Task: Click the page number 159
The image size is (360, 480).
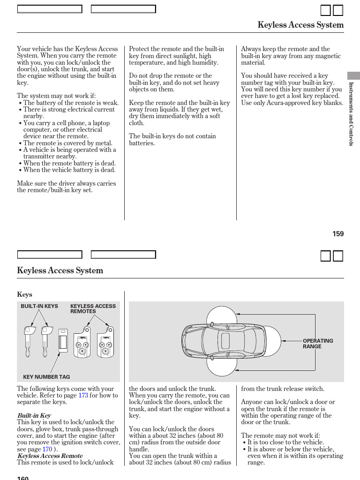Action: pos(338,233)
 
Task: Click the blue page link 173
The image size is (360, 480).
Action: pos(83,395)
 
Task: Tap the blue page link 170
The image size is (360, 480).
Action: pos(47,449)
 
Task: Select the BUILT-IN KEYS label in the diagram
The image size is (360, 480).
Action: pos(39,306)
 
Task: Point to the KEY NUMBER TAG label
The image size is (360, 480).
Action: pos(46,376)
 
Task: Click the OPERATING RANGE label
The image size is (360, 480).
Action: pos(317,344)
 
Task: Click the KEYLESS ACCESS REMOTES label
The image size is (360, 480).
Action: pos(93,308)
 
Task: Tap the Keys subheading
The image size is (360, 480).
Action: pos(24,294)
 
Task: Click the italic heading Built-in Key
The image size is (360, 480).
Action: pos(34,415)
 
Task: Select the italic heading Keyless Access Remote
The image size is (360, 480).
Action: pos(50,456)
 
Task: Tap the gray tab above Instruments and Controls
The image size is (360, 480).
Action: pos(353,75)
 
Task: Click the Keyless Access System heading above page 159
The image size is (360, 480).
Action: pos(300,25)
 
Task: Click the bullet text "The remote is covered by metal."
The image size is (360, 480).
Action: pos(67,143)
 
